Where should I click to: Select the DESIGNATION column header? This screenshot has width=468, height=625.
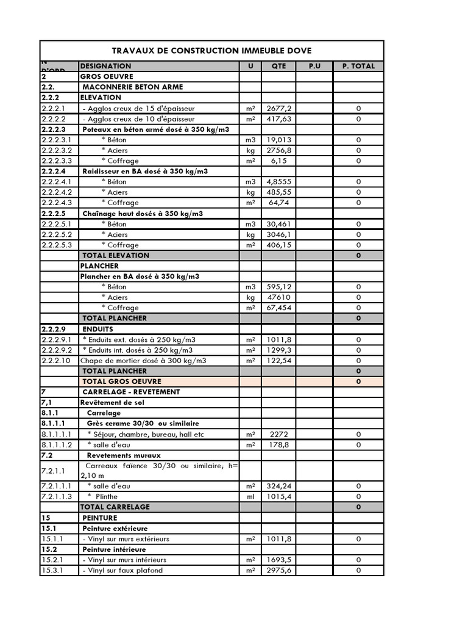[x=105, y=66]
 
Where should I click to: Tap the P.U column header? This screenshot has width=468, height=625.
[x=314, y=66]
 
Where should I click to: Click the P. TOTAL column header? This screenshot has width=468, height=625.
[x=358, y=66]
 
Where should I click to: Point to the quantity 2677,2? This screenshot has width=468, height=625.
[x=278, y=108]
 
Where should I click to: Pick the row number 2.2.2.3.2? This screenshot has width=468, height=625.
[x=57, y=150]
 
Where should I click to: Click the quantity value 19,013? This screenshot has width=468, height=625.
[x=278, y=140]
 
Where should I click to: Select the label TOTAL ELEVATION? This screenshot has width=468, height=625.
[x=116, y=255]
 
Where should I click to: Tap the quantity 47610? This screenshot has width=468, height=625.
[x=278, y=297]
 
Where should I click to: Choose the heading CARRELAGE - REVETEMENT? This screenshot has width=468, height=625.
[x=130, y=392]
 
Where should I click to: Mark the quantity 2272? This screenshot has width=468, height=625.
[x=278, y=434]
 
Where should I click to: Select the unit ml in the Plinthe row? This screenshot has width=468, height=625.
[x=250, y=497]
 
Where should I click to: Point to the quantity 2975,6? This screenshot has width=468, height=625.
[x=278, y=571]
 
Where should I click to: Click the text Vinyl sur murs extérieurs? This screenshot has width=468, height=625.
[x=126, y=539]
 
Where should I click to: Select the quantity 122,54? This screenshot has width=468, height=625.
[x=278, y=361]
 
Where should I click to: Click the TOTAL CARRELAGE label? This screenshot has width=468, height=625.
[x=115, y=507]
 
